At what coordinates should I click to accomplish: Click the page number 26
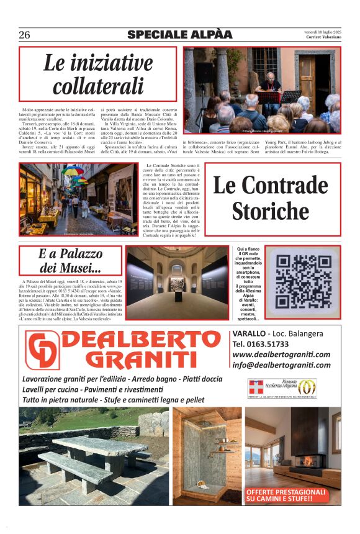tap(24, 35)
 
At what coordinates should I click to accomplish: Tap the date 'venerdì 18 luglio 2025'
tap(322, 32)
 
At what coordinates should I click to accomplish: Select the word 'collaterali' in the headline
tap(98, 86)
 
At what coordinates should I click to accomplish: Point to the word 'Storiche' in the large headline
tap(270, 211)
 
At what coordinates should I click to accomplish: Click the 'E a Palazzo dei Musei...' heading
tap(70, 261)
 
